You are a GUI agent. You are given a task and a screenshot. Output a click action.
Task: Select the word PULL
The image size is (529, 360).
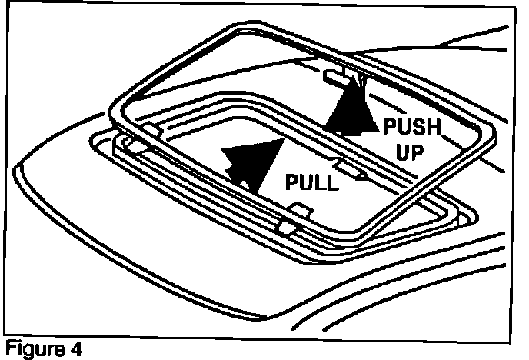[311, 182]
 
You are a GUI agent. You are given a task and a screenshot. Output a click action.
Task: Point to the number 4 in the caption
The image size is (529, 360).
[75, 349]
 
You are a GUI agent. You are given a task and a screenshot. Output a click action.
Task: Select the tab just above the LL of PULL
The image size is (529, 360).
[347, 166]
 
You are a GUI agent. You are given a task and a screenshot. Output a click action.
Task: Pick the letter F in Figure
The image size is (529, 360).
[8, 349]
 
